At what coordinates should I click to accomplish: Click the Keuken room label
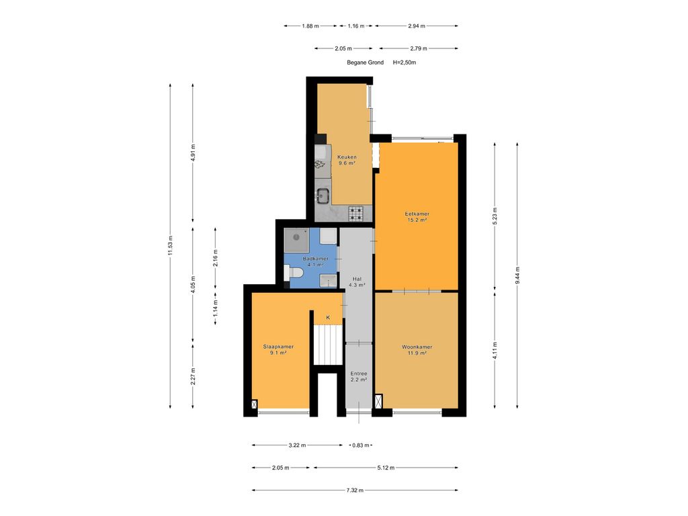pyautogui.click(x=347, y=160)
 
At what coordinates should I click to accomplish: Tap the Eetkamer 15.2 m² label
pyautogui.click(x=417, y=216)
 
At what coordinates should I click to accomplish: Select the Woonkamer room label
pyautogui.click(x=417, y=349)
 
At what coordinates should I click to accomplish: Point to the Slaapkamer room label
pyautogui.click(x=278, y=349)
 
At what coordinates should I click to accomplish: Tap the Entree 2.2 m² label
pyautogui.click(x=359, y=376)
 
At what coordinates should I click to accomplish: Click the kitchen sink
pyautogui.click(x=323, y=196)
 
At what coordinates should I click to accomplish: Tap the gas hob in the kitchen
pyautogui.click(x=356, y=214)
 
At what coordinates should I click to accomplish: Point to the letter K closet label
pyautogui.click(x=329, y=317)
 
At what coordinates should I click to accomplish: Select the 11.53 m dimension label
pyautogui.click(x=171, y=246)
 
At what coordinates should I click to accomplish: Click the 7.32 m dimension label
pyautogui.click(x=356, y=490)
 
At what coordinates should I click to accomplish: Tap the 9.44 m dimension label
pyautogui.click(x=517, y=274)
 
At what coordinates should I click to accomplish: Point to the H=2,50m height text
pyautogui.click(x=404, y=62)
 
